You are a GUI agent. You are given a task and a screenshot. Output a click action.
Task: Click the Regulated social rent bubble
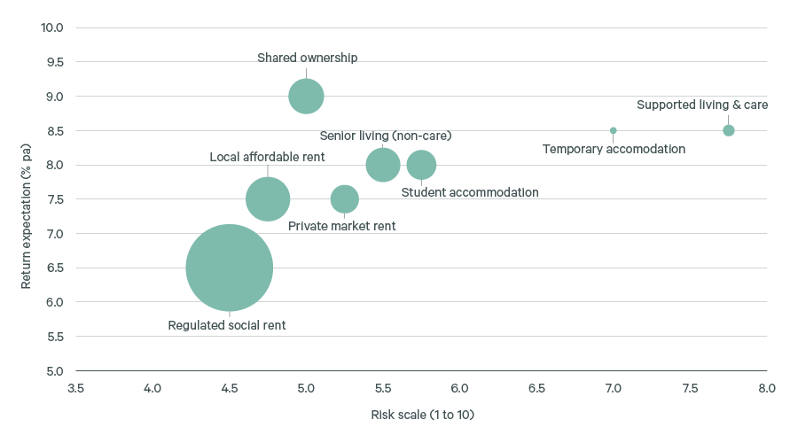[229, 268]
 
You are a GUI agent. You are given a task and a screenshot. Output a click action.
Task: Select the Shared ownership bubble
[306, 96]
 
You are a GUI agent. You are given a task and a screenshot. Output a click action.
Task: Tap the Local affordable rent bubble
[268, 199]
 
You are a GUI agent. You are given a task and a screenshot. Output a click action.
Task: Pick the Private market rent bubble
[345, 199]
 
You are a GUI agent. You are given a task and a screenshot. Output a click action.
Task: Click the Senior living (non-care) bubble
[383, 165]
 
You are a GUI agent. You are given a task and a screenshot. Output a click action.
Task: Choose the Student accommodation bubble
[421, 165]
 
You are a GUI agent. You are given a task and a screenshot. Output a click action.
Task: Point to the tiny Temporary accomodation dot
[613, 130]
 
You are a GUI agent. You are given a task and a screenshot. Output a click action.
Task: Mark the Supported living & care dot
[729, 130]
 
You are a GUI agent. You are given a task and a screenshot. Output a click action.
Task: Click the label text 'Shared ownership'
[307, 58]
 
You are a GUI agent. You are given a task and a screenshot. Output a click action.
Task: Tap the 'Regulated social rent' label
[227, 325]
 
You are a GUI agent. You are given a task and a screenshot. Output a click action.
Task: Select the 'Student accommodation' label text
[470, 192]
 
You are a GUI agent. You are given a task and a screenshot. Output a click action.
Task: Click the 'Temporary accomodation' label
[614, 149]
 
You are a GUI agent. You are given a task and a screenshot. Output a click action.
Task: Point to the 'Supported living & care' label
[702, 105]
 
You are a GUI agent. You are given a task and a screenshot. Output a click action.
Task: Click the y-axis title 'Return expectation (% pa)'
[27, 199]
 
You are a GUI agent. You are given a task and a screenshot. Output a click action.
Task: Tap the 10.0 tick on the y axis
[51, 27]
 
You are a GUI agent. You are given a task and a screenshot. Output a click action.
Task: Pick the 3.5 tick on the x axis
[75, 388]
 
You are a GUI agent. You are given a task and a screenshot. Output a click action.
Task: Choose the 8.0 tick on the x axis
[767, 388]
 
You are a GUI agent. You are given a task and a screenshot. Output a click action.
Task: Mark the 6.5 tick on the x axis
[536, 388]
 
